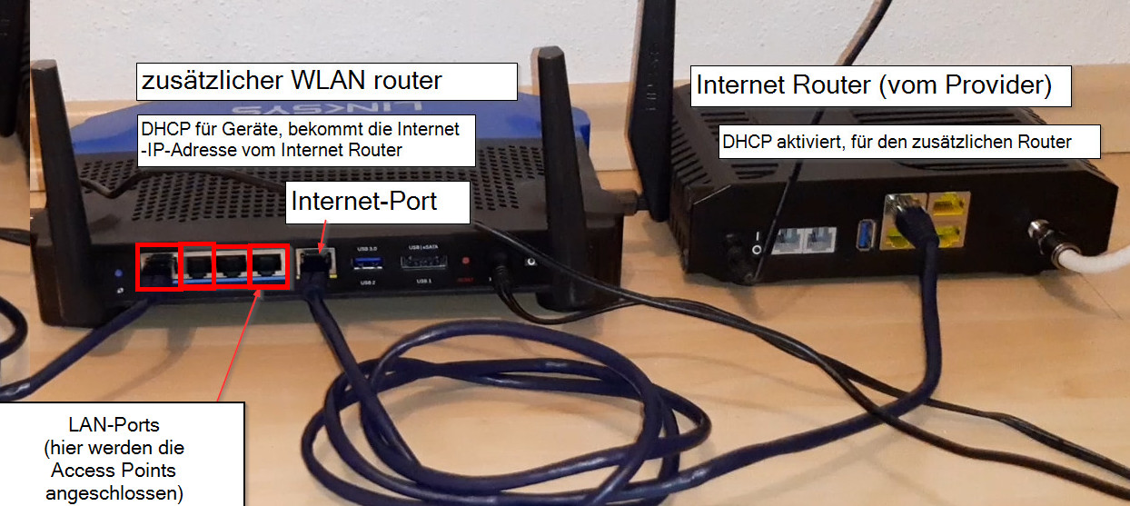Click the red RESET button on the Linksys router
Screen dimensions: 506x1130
click(x=467, y=263)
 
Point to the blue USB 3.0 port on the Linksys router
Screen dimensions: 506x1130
click(x=368, y=264)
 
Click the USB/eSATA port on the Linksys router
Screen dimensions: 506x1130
click(x=422, y=264)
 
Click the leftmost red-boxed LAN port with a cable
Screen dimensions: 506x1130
click(x=158, y=267)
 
